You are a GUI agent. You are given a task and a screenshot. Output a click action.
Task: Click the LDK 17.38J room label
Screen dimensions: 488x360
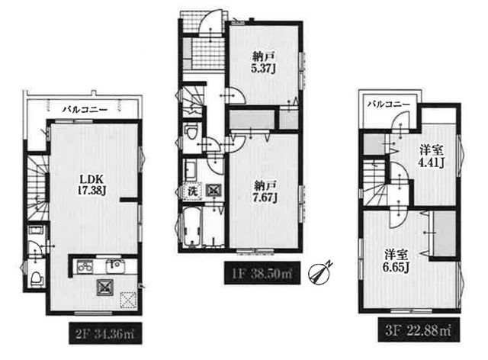pos(91,185)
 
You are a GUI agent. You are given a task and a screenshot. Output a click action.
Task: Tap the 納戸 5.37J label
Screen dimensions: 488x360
pos(263,63)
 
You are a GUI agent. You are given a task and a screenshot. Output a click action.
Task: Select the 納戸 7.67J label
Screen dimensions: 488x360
pos(265,192)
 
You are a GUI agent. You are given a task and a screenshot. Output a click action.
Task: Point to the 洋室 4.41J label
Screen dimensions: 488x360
pos(431,156)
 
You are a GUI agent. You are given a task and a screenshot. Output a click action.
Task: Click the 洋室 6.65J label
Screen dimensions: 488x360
pos(396,261)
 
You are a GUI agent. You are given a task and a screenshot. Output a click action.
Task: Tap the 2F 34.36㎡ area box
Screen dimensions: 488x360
pos(105,333)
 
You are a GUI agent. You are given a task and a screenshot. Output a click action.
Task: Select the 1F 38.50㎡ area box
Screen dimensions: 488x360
pos(262,273)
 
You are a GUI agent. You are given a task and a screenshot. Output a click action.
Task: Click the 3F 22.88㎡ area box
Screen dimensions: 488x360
pos(419,329)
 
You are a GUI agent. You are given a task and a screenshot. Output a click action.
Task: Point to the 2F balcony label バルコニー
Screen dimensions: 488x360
pos(85,110)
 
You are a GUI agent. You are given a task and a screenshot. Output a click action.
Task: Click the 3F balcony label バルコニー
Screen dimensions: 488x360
pos(389,104)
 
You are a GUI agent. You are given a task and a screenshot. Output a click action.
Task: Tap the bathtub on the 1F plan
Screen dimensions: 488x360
pos(191,227)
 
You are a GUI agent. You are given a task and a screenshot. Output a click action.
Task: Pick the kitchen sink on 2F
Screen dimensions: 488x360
pos(115,265)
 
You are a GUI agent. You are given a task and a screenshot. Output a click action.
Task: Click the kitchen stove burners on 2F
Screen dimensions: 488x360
pos(84,266)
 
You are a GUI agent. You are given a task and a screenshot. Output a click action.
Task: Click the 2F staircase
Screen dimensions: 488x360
pos(37,188)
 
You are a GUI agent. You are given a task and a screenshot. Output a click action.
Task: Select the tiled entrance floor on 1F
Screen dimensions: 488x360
pos(207,53)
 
